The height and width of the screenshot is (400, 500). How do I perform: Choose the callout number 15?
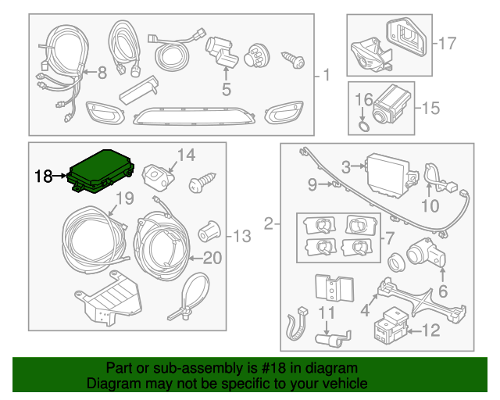(431, 108)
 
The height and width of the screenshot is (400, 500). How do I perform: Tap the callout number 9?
(312, 185)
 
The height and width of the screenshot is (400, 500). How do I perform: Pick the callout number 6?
(444, 293)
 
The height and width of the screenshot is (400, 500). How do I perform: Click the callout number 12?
(431, 330)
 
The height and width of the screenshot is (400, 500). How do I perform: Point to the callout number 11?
(326, 316)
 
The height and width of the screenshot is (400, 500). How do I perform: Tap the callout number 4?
(363, 311)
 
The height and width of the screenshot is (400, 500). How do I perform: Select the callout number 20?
(212, 258)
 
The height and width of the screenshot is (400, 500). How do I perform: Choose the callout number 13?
(242, 234)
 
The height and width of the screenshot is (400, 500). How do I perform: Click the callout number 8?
(101, 73)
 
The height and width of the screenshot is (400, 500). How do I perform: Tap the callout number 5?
(226, 90)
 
